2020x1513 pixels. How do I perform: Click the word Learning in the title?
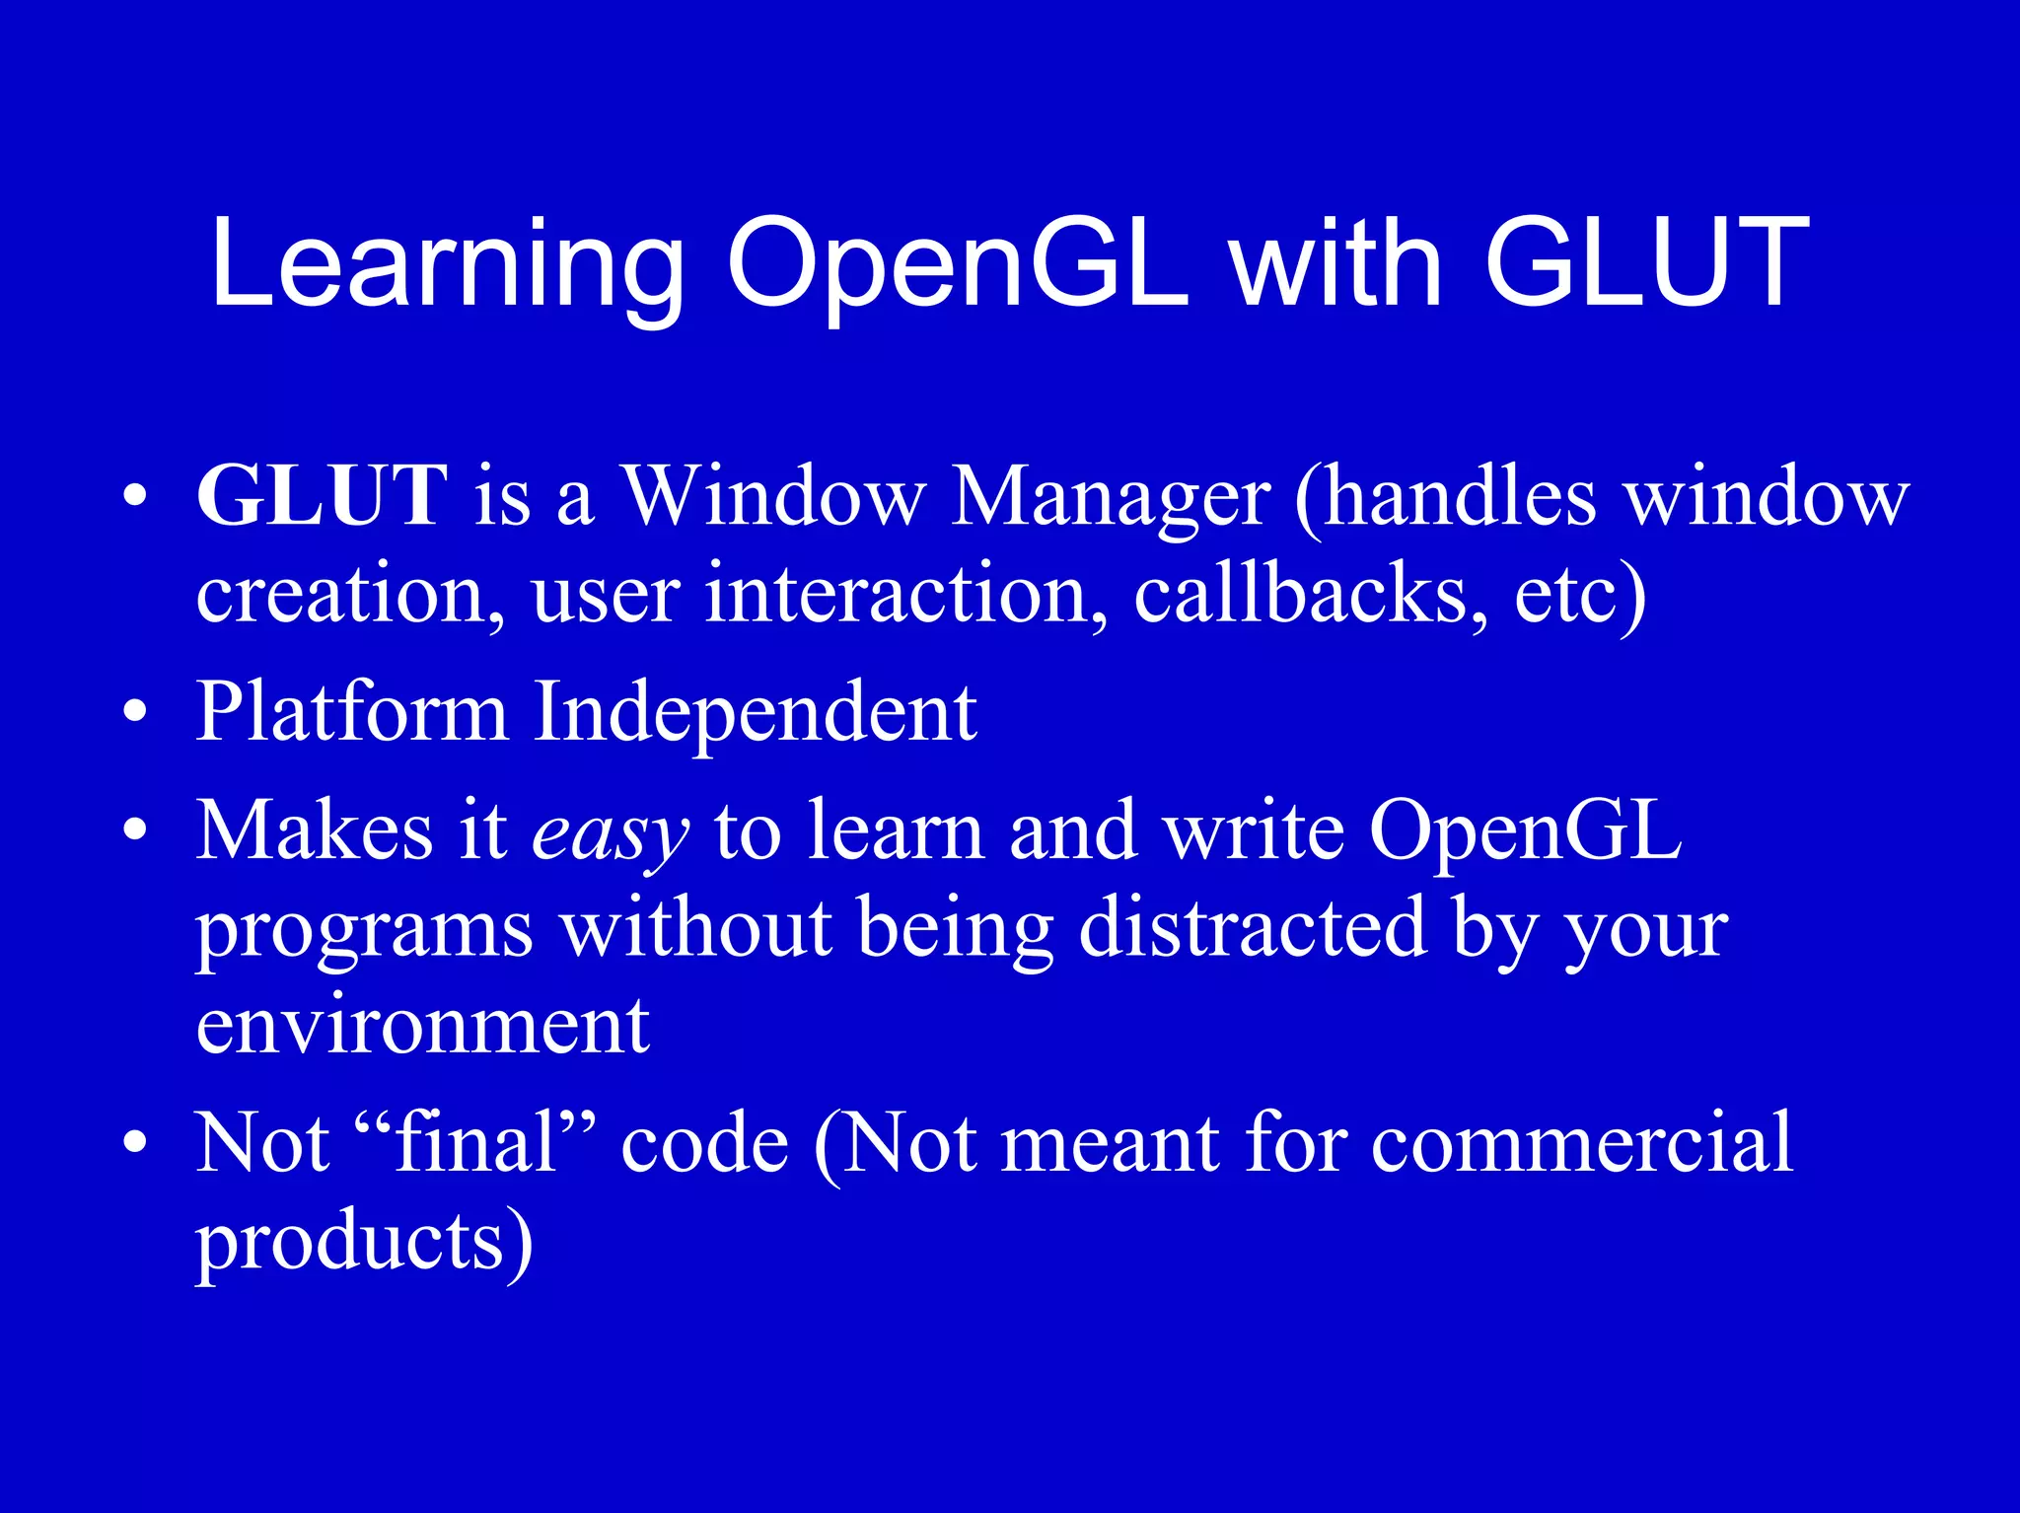pos(447,264)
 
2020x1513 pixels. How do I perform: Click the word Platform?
pos(351,712)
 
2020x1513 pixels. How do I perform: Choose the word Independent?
pos(755,712)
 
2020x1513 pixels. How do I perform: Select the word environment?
pos(422,1026)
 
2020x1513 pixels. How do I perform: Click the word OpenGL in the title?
pos(958,264)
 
